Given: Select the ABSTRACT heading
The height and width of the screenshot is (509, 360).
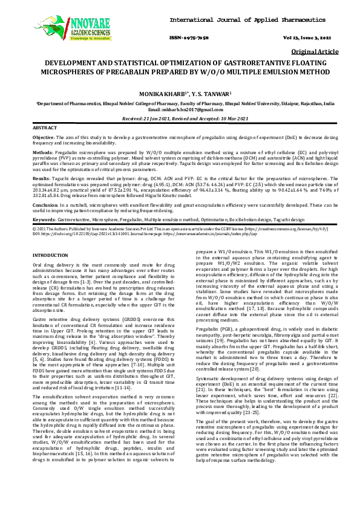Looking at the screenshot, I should click(44, 129).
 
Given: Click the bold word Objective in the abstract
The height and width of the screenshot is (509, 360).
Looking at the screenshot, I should click(43, 138).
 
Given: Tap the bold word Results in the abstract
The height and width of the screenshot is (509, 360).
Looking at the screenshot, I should click(41, 179).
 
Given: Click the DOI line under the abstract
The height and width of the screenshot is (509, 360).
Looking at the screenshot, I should click(121, 233).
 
